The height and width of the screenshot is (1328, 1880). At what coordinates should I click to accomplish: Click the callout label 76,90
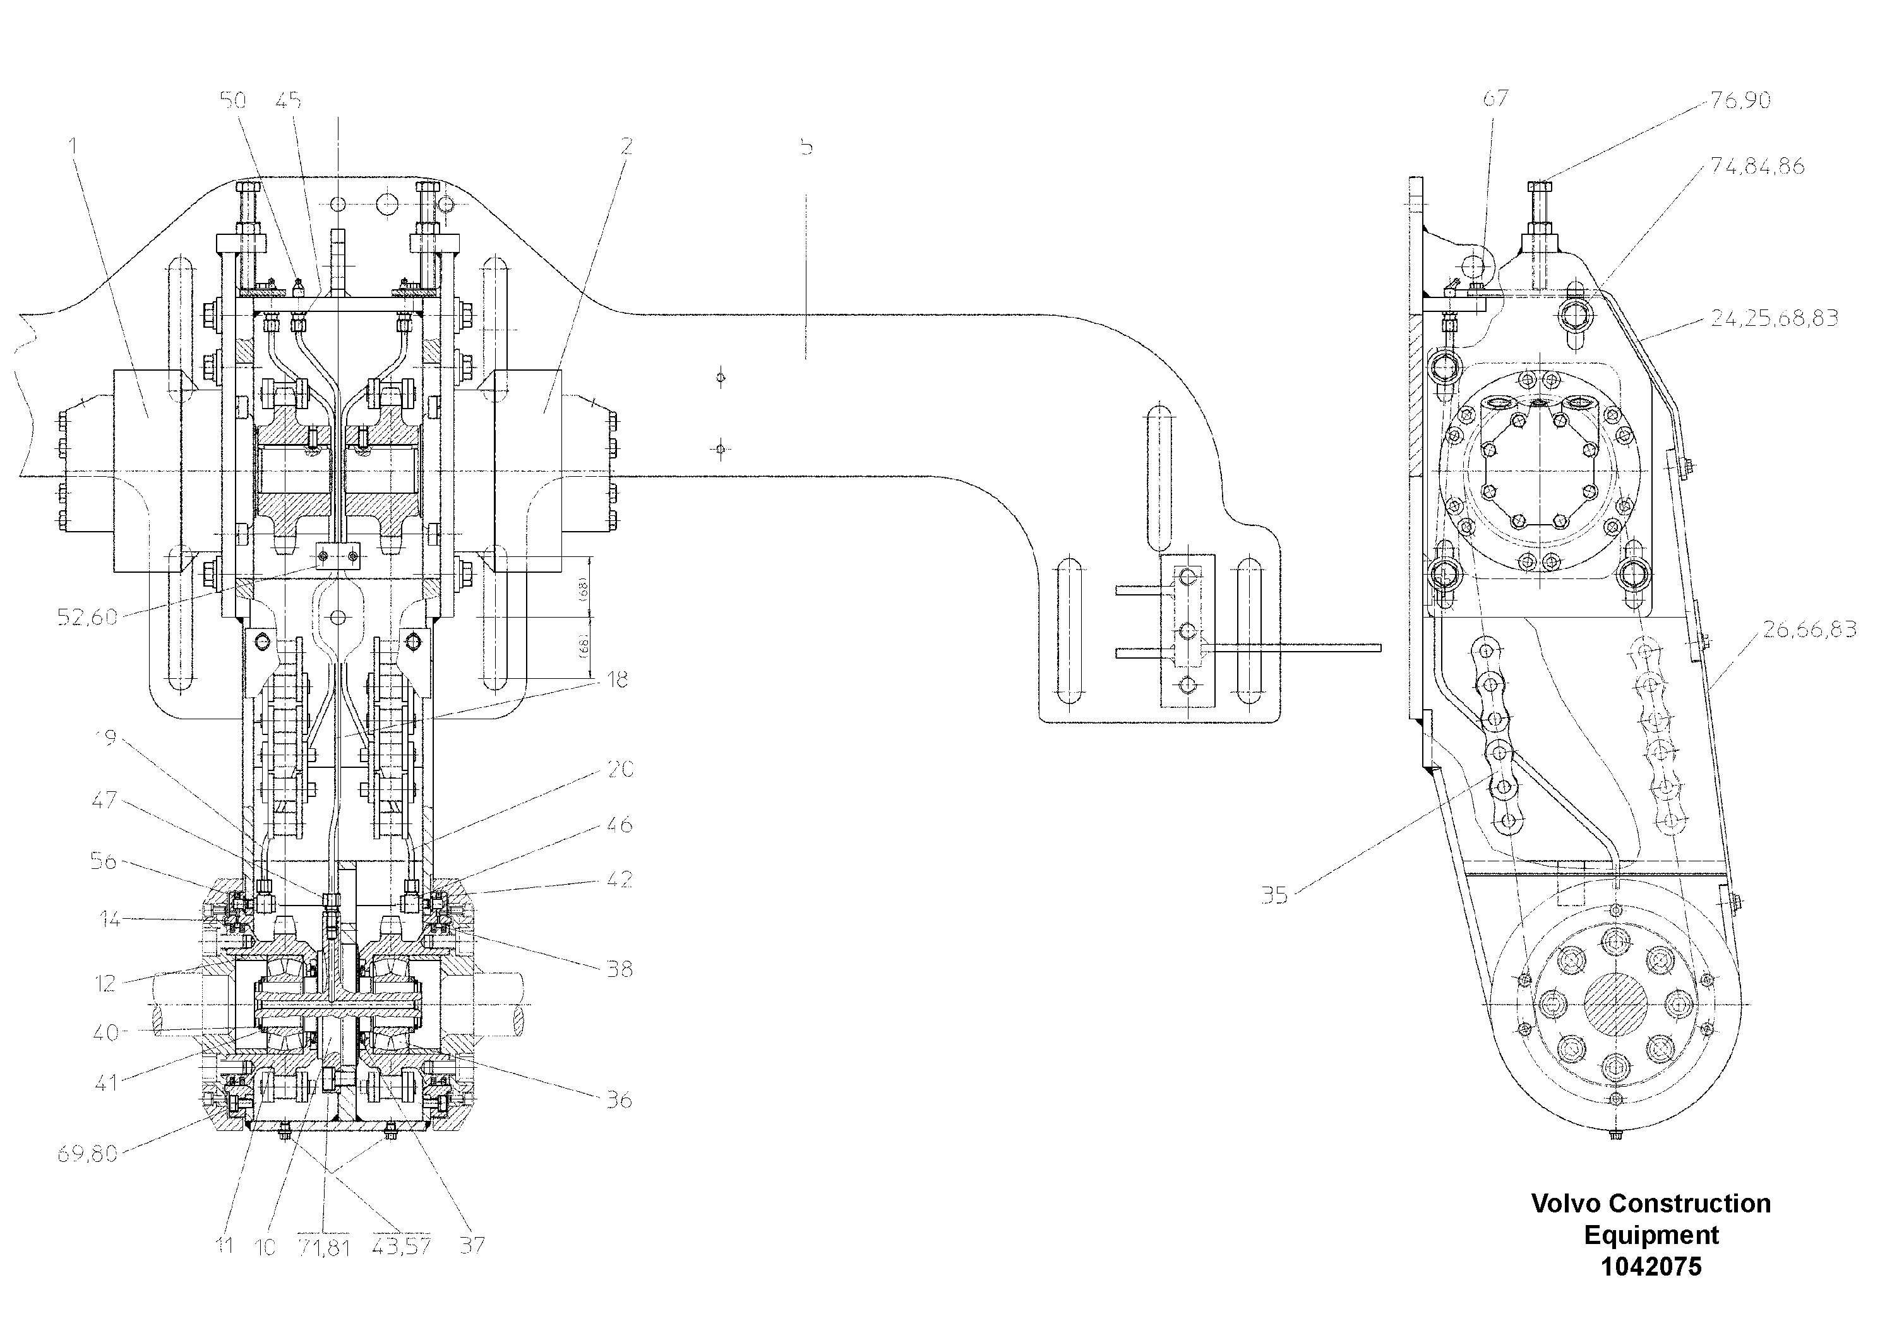coord(1741,100)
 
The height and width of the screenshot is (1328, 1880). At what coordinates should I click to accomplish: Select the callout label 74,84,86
coord(1758,166)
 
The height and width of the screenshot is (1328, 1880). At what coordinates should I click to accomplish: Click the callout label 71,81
coord(324,1248)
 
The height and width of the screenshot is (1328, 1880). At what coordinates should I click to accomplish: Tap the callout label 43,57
coord(401,1247)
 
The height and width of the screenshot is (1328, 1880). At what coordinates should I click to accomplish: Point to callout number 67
coord(1495,99)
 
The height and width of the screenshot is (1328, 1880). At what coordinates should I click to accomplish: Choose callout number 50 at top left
coord(234,100)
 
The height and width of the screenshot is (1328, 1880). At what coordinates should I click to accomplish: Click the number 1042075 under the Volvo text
coord(1651,1267)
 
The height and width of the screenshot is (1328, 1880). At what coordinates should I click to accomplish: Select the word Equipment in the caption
coord(1651,1235)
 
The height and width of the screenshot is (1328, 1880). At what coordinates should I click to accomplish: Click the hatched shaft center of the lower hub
coord(1615,1005)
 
